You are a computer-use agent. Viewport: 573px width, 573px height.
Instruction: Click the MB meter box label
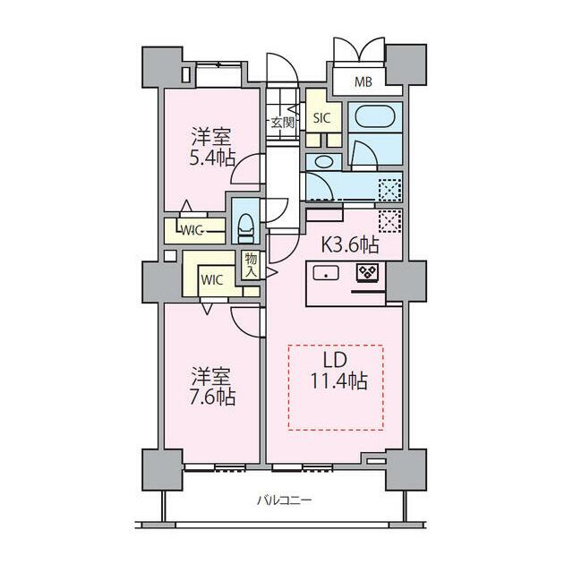click(x=363, y=81)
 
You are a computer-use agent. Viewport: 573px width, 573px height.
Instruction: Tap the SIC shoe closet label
click(x=321, y=117)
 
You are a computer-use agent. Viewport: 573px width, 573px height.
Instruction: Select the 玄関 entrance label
click(x=283, y=122)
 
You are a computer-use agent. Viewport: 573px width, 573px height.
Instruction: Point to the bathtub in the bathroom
click(x=375, y=116)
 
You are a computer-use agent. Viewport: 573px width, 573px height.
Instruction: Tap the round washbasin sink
click(x=323, y=161)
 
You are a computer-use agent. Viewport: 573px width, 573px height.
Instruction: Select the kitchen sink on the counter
click(x=326, y=273)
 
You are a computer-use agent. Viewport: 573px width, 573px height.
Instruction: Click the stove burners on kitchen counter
click(x=368, y=272)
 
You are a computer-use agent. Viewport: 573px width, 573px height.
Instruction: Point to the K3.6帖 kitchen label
click(x=350, y=244)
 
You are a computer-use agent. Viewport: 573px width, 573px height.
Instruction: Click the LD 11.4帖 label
click(x=338, y=371)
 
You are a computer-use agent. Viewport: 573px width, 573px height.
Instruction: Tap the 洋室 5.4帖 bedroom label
click(x=212, y=148)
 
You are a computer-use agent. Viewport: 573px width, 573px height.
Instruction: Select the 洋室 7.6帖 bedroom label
click(x=212, y=388)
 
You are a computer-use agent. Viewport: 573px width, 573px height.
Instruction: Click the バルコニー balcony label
click(x=285, y=500)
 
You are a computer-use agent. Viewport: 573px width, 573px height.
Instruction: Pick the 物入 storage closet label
click(x=251, y=265)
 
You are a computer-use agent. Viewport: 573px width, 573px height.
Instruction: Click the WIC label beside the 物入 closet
click(x=212, y=280)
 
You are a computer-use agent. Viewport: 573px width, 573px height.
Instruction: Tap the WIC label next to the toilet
click(x=192, y=231)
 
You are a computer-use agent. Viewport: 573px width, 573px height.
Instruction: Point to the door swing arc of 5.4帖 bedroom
click(x=239, y=163)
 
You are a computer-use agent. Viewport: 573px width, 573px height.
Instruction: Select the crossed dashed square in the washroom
click(x=390, y=190)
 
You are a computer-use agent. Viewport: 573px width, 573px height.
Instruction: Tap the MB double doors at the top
click(x=360, y=49)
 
